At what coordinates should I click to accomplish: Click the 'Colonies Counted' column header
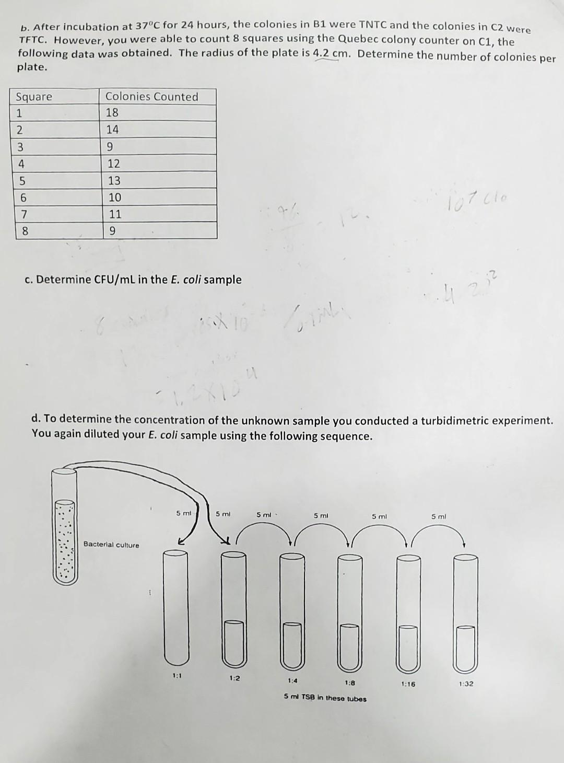tap(151, 97)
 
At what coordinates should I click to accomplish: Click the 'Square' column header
tap(34, 97)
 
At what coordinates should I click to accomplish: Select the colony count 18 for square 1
tap(112, 113)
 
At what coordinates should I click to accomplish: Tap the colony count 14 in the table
tap(112, 130)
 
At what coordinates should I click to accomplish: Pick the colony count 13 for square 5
tap(114, 180)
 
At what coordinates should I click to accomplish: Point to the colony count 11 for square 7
tap(115, 214)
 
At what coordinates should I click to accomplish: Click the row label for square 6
tap(22, 197)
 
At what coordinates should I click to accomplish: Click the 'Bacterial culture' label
tap(111, 545)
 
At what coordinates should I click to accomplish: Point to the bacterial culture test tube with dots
tap(65, 528)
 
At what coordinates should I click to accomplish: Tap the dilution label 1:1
tap(177, 676)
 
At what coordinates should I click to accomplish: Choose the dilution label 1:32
tap(466, 684)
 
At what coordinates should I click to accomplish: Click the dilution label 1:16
tap(408, 684)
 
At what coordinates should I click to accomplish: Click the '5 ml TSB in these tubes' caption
tap(325, 698)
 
